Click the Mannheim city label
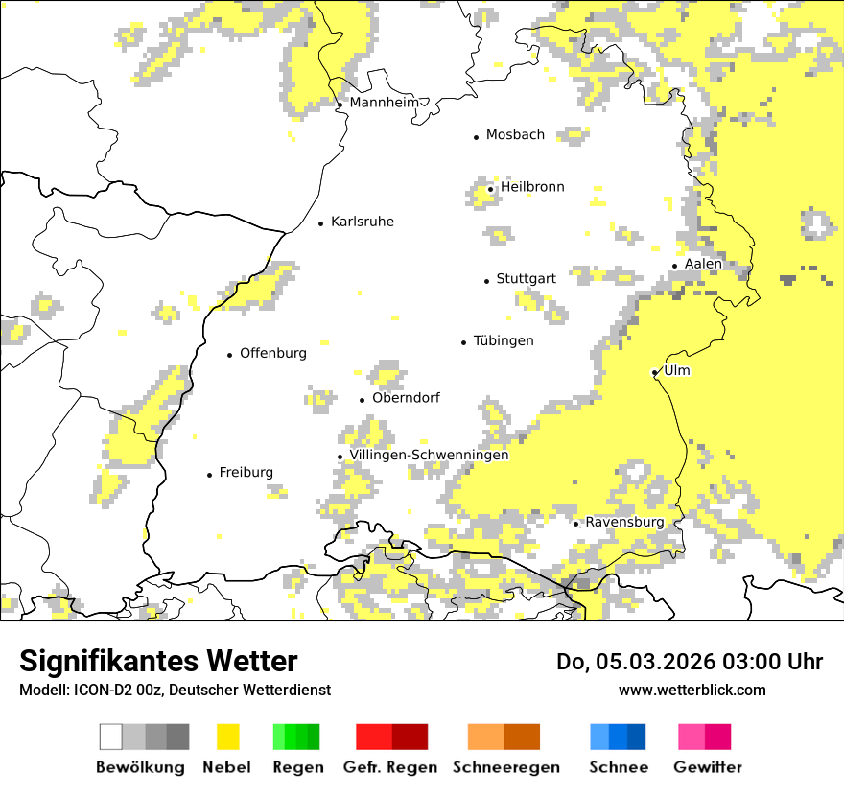[385, 103]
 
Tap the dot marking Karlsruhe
[321, 223]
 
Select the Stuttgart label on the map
[526, 279]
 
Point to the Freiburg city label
[246, 472]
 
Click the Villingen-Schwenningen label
[429, 455]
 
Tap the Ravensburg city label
[624, 522]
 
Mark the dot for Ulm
[654, 372]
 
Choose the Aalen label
[703, 264]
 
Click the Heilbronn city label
[532, 187]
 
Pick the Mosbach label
[515, 135]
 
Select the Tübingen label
[504, 340]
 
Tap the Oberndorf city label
[406, 398]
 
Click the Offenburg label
[273, 353]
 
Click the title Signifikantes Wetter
[158, 661]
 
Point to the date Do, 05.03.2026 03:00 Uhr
[690, 662]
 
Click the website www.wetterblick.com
[692, 690]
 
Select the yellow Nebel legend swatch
[227, 737]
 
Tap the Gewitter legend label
[707, 767]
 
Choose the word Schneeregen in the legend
[505, 767]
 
